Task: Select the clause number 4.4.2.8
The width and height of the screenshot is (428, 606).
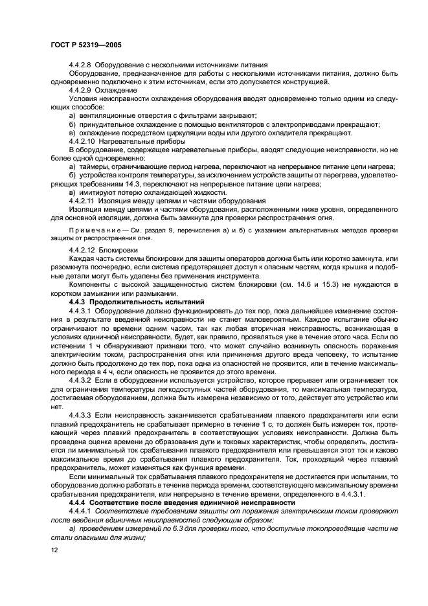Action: tap(82, 65)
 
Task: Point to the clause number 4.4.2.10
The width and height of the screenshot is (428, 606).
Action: tap(84, 140)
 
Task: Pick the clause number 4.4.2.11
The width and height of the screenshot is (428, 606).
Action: tap(83, 200)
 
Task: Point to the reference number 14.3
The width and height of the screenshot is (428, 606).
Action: tap(123, 183)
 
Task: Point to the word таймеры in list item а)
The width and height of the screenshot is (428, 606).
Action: tap(95, 166)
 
